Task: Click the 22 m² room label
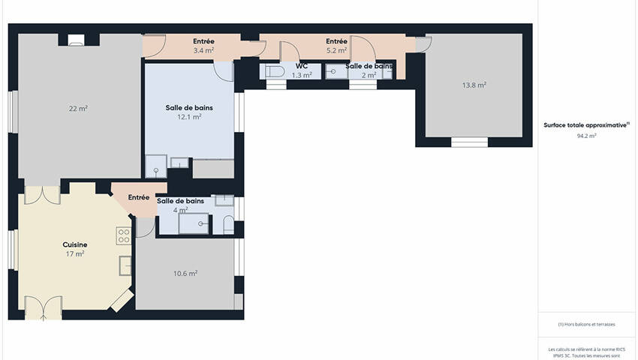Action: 78,109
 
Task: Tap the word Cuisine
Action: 75,244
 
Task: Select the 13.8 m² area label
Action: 474,85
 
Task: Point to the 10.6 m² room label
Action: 185,273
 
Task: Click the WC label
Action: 302,66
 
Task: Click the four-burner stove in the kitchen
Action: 124,236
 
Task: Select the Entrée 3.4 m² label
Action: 203,46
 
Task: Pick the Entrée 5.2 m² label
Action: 336,46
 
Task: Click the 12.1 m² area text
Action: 189,117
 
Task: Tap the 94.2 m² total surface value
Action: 586,136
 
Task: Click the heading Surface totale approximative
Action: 586,125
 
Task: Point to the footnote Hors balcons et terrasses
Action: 586,324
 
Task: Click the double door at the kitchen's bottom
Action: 43,308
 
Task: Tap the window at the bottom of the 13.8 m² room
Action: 470,142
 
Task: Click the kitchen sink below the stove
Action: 125,265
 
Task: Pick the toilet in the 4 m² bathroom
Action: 229,225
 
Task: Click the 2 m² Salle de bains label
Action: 369,70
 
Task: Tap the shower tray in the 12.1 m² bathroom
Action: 156,166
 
